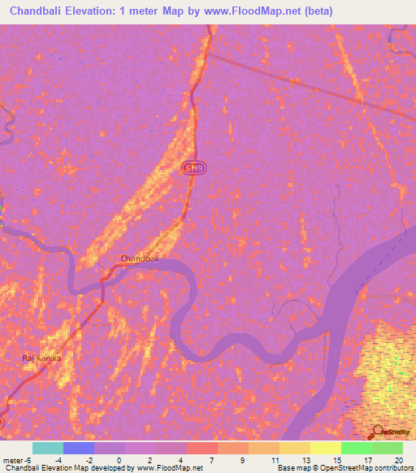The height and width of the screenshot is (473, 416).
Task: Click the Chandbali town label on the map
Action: click(x=138, y=258)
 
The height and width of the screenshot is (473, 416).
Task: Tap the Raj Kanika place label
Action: click(x=41, y=358)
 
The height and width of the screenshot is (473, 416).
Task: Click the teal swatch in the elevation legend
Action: click(x=48, y=448)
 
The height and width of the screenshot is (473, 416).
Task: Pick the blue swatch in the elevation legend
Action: click(x=79, y=448)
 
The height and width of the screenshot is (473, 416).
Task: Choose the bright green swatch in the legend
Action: click(x=357, y=448)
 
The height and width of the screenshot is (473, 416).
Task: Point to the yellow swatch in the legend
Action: click(x=326, y=448)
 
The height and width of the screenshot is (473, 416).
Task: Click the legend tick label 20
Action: click(x=397, y=459)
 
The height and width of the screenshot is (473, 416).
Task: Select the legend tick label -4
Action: click(x=58, y=459)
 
